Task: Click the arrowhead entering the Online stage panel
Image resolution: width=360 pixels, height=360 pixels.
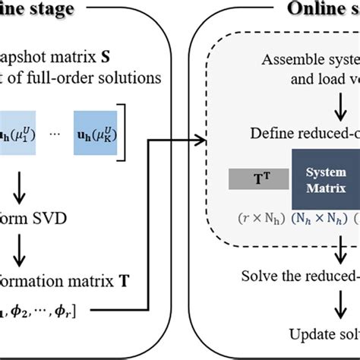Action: pos(204,139)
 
